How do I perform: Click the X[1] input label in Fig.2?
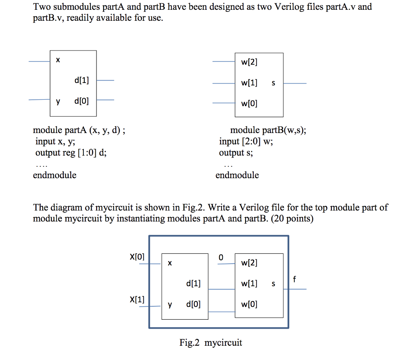coord(137,300)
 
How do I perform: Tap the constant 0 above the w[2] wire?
coord(221,257)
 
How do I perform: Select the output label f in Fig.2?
coord(294,279)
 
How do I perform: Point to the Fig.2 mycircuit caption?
coord(211,343)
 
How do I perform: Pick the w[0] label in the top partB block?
coord(249,104)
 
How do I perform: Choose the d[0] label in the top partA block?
coord(81,100)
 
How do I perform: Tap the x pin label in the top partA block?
coord(58,60)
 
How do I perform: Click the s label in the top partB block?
coord(273,83)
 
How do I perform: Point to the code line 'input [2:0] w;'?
coord(246,142)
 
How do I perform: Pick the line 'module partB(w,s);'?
coord(268,131)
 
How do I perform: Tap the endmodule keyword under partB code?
coord(237,175)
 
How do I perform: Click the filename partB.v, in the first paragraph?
coord(48,18)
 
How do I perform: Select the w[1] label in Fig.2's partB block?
coord(249,284)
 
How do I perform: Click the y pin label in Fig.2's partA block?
coord(170,304)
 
